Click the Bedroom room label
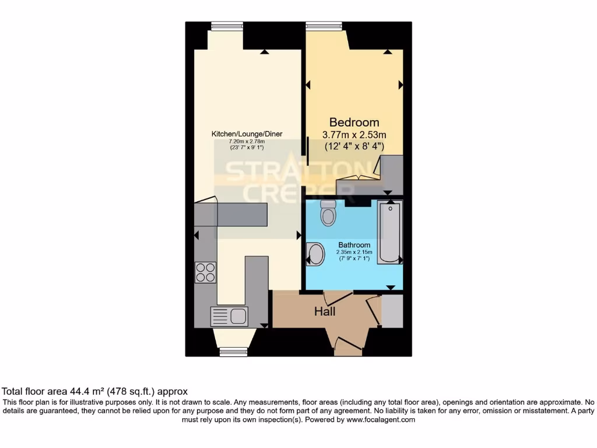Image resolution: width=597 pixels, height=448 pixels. (354, 123)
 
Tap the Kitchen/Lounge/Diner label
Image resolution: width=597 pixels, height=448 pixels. (247, 134)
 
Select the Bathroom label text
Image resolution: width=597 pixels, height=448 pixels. (354, 245)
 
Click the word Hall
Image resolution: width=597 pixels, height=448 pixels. (325, 312)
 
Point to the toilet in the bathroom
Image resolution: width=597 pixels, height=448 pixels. (328, 214)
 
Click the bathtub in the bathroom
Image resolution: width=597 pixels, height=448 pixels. (389, 232)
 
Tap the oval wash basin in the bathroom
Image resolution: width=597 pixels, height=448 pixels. (316, 254)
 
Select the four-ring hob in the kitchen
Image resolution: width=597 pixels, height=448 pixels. (205, 272)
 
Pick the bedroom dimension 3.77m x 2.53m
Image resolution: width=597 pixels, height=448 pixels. (354, 135)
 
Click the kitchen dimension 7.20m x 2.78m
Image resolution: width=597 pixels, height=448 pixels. (247, 141)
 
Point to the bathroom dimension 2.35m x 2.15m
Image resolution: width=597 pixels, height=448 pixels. (354, 252)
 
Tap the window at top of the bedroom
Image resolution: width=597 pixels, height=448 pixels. (324, 25)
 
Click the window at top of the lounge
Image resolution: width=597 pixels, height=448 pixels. (227, 25)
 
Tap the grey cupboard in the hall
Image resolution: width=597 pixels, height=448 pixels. (392, 310)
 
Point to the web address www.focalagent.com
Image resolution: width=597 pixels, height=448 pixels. (381, 419)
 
